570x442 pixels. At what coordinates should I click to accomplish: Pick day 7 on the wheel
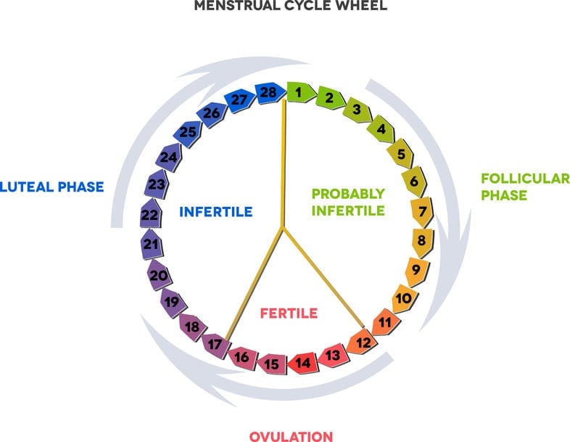[x=418, y=212]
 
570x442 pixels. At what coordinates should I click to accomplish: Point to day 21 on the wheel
[x=151, y=245]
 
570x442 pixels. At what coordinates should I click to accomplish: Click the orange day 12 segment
[x=362, y=341]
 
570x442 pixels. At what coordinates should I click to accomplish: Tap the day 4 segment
[x=379, y=131]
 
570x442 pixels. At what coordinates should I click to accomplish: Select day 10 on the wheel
[x=405, y=298]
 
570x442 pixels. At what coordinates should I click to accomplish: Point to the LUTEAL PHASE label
[x=51, y=187]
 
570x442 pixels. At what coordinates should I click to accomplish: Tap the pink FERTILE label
[x=289, y=314]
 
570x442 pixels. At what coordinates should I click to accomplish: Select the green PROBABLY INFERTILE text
[x=348, y=202]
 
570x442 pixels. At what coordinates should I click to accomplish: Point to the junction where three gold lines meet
[x=282, y=229]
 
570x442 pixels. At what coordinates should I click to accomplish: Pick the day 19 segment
[x=172, y=302]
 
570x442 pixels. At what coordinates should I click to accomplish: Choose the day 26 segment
[x=212, y=113]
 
